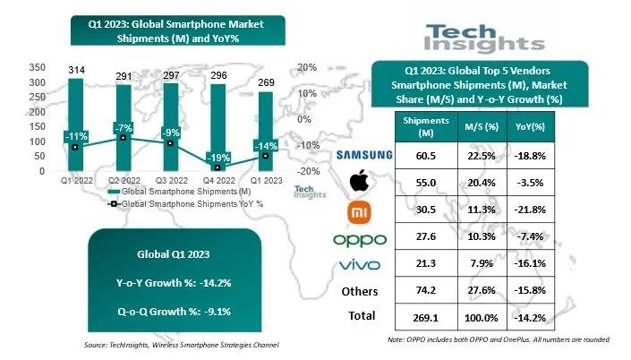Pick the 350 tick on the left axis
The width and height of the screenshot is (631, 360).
tap(38, 68)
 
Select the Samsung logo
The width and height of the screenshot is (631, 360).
tap(363, 155)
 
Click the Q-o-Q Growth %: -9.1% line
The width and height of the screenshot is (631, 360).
tap(174, 313)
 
